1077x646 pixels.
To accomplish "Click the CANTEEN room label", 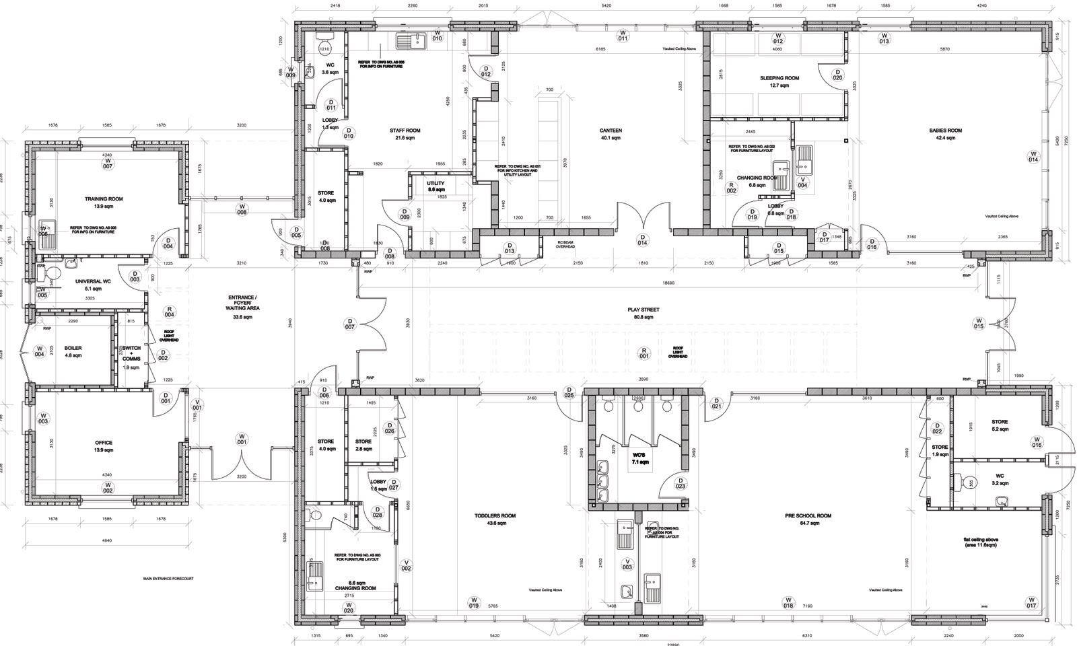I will click(x=611, y=131).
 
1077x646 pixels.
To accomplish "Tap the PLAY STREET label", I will click(x=644, y=310).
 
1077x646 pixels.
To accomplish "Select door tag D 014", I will click(x=643, y=240).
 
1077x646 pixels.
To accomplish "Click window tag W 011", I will click(x=623, y=35).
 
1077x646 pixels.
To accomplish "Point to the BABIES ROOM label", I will click(x=945, y=131).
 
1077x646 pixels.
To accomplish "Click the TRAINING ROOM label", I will click(x=104, y=199).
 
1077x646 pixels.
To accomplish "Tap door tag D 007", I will click(x=349, y=324).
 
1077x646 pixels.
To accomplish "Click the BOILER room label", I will click(x=73, y=349).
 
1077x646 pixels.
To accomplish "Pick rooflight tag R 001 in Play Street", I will click(x=644, y=353).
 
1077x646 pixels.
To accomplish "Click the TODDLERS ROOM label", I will click(x=495, y=516).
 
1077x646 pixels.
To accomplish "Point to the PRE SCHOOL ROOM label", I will click(x=808, y=516).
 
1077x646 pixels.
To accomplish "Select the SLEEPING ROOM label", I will click(x=779, y=78).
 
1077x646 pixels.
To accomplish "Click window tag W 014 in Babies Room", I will click(x=1033, y=157).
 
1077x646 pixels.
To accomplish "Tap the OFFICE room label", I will click(x=104, y=443).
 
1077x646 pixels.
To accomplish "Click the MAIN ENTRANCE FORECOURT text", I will click(x=168, y=578).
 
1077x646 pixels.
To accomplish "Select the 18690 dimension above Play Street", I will click(x=668, y=283).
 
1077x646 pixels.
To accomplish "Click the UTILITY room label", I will click(x=436, y=184).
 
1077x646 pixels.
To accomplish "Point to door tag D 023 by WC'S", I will click(x=680, y=483).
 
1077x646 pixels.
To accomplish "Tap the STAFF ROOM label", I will click(x=405, y=131).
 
